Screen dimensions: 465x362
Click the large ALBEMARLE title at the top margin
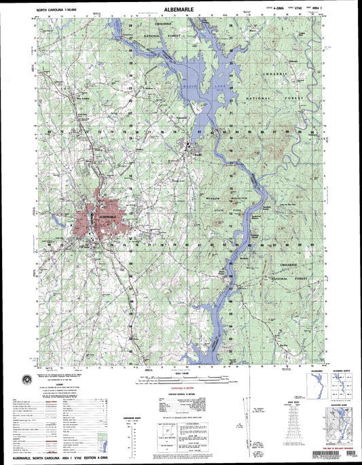pos(181,10)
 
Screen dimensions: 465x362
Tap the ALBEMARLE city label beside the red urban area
pos(109,216)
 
